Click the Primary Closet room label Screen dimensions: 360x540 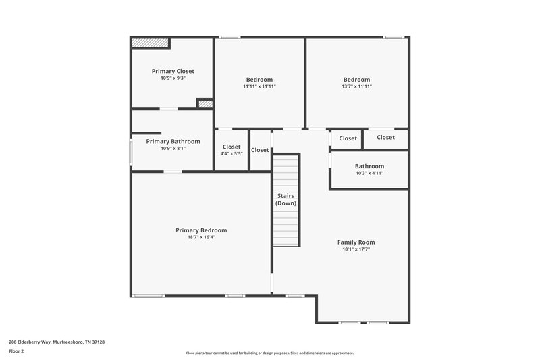click(173, 71)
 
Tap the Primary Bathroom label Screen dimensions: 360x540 click(173, 141)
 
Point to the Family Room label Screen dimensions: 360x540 click(356, 242)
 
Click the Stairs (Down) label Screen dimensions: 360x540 click(286, 199)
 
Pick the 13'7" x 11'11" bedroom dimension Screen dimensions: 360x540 click(356, 86)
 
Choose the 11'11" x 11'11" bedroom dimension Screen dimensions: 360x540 click(259, 86)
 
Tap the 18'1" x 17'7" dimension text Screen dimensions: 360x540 click(356, 249)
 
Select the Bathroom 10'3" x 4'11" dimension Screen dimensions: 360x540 click(369, 174)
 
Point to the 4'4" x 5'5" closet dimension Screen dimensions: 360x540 click(232, 153)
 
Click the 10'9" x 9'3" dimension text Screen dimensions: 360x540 click(173, 78)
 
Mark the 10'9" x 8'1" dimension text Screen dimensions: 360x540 click(173, 149)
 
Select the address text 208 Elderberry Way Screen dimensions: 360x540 click(57, 342)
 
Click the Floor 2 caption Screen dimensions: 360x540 click(16, 351)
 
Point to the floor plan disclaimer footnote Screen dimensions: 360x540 click(270, 353)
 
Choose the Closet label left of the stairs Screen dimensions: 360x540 click(260, 150)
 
